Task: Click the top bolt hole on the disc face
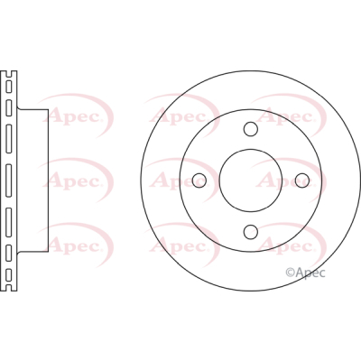(251, 129)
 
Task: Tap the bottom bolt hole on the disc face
(251, 232)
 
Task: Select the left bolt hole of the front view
(199, 180)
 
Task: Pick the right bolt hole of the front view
(302, 180)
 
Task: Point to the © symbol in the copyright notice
(290, 273)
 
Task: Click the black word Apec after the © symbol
(310, 273)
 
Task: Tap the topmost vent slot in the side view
(9, 87)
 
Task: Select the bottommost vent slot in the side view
(9, 274)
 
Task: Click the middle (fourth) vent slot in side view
(9, 180)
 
